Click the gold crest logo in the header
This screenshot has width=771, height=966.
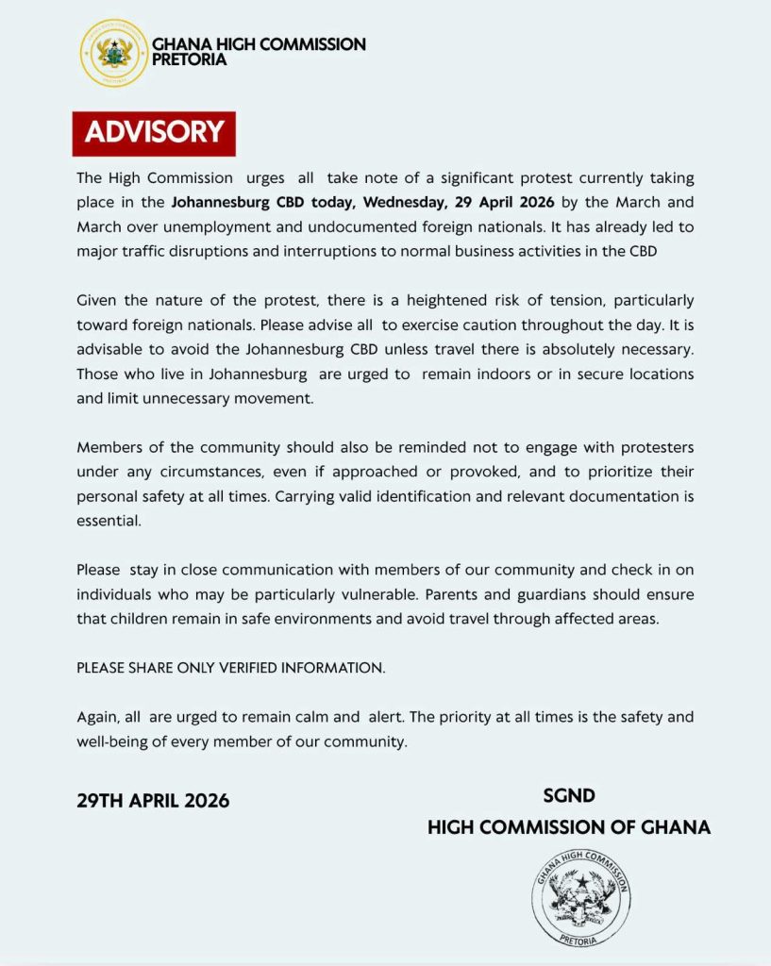[x=113, y=53]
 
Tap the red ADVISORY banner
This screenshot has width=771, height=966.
[x=154, y=132]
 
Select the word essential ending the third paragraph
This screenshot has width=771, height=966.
[x=109, y=521]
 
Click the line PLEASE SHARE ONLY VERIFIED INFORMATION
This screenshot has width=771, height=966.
[x=230, y=668]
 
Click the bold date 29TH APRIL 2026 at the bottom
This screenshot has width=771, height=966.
[x=153, y=801]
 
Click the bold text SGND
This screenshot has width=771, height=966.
[x=569, y=796]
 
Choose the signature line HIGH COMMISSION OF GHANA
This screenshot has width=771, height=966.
[x=569, y=827]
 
